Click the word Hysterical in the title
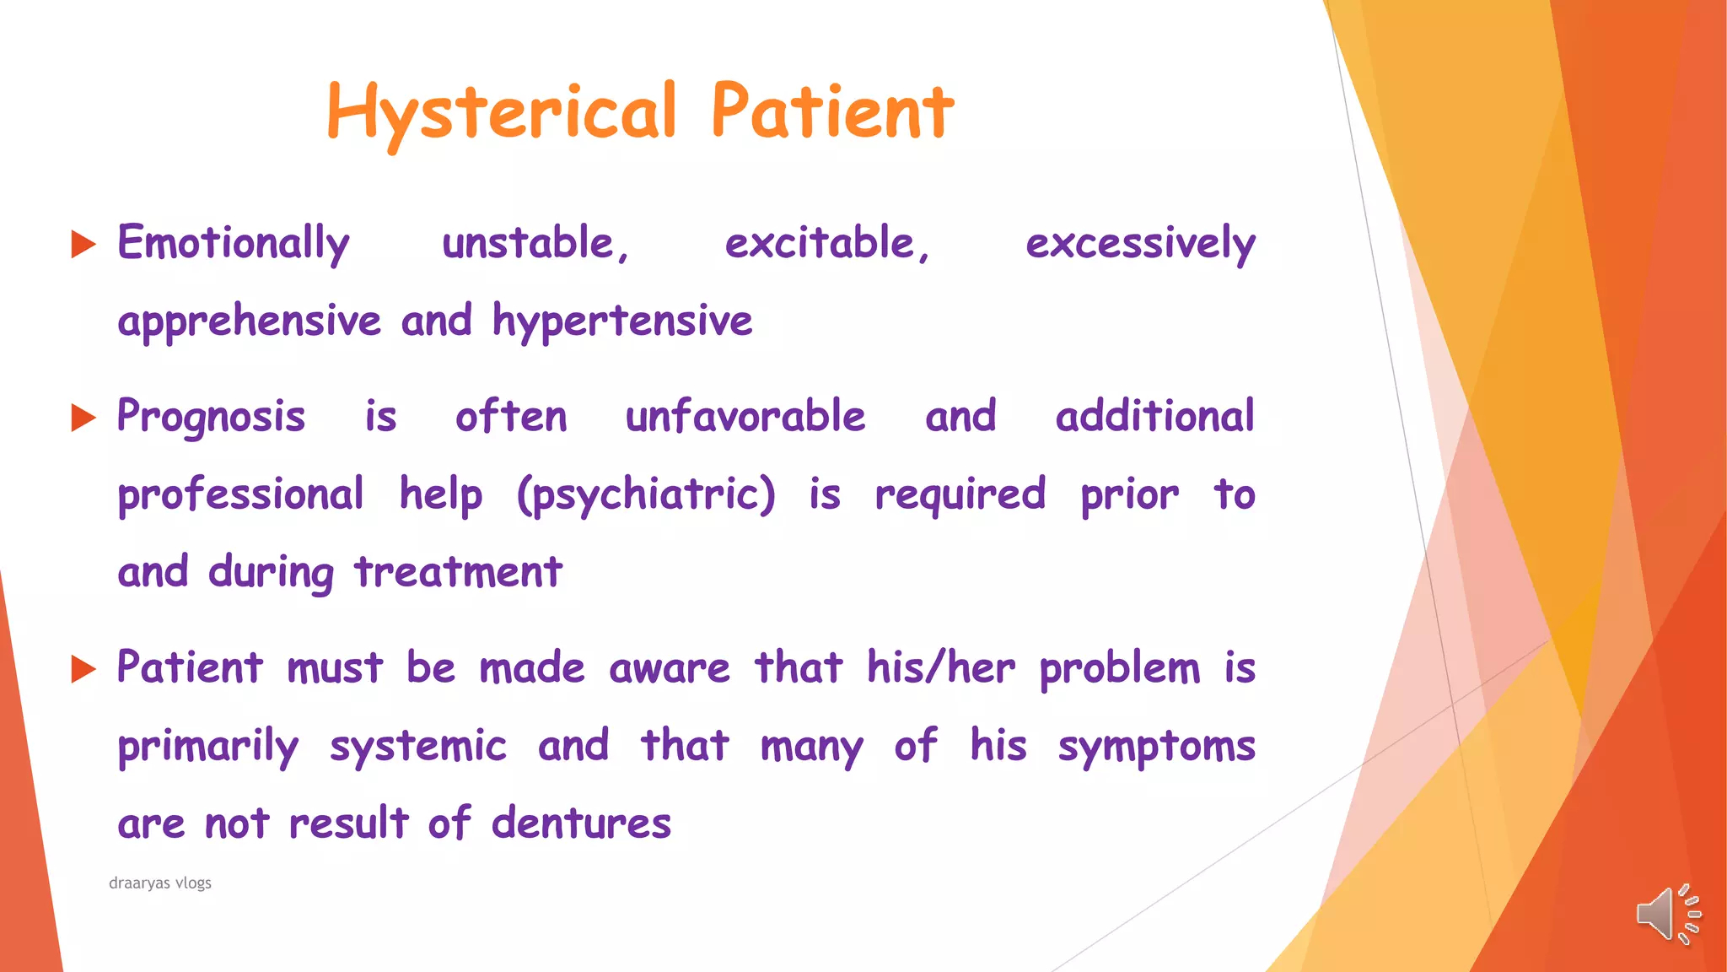(501, 112)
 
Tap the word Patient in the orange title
(832, 112)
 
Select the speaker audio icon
(1667, 914)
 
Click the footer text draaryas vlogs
(160, 883)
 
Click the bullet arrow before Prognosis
(83, 418)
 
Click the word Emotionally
(234, 244)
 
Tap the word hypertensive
(622, 321)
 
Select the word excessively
(1140, 244)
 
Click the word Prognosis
(211, 417)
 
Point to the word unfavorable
(745, 417)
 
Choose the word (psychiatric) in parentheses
(646, 494)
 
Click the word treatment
(458, 572)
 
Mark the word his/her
(941, 668)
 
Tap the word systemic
(418, 747)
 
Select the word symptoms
(1156, 747)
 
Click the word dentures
(581, 823)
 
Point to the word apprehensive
(250, 321)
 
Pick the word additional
(1154, 417)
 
